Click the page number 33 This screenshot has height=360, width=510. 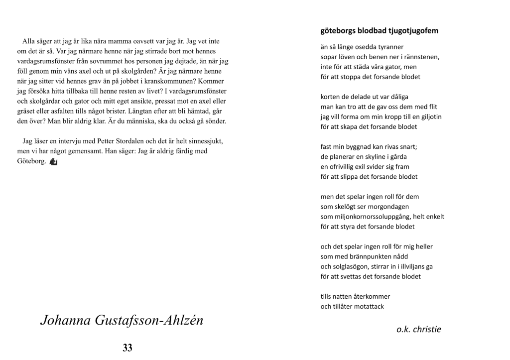[x=127, y=348]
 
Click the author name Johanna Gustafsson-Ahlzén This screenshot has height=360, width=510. [x=122, y=320]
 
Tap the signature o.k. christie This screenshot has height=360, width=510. [x=418, y=329]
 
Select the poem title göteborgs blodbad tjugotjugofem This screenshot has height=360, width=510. [x=380, y=31]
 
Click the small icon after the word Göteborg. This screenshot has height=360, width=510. [x=54, y=161]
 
